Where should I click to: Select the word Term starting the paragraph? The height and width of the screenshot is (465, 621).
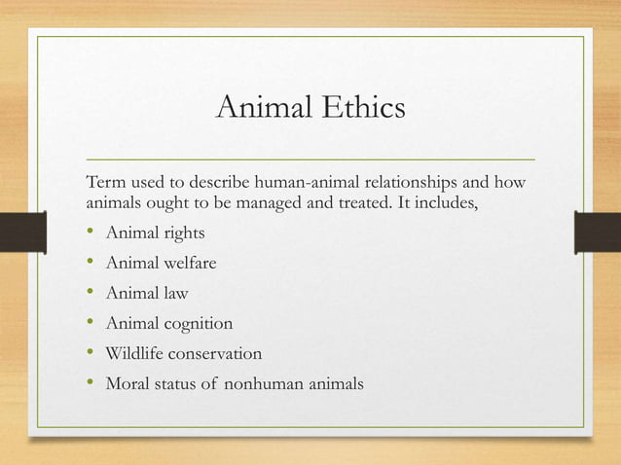(105, 182)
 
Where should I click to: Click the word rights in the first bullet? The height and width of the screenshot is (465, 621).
(183, 233)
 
